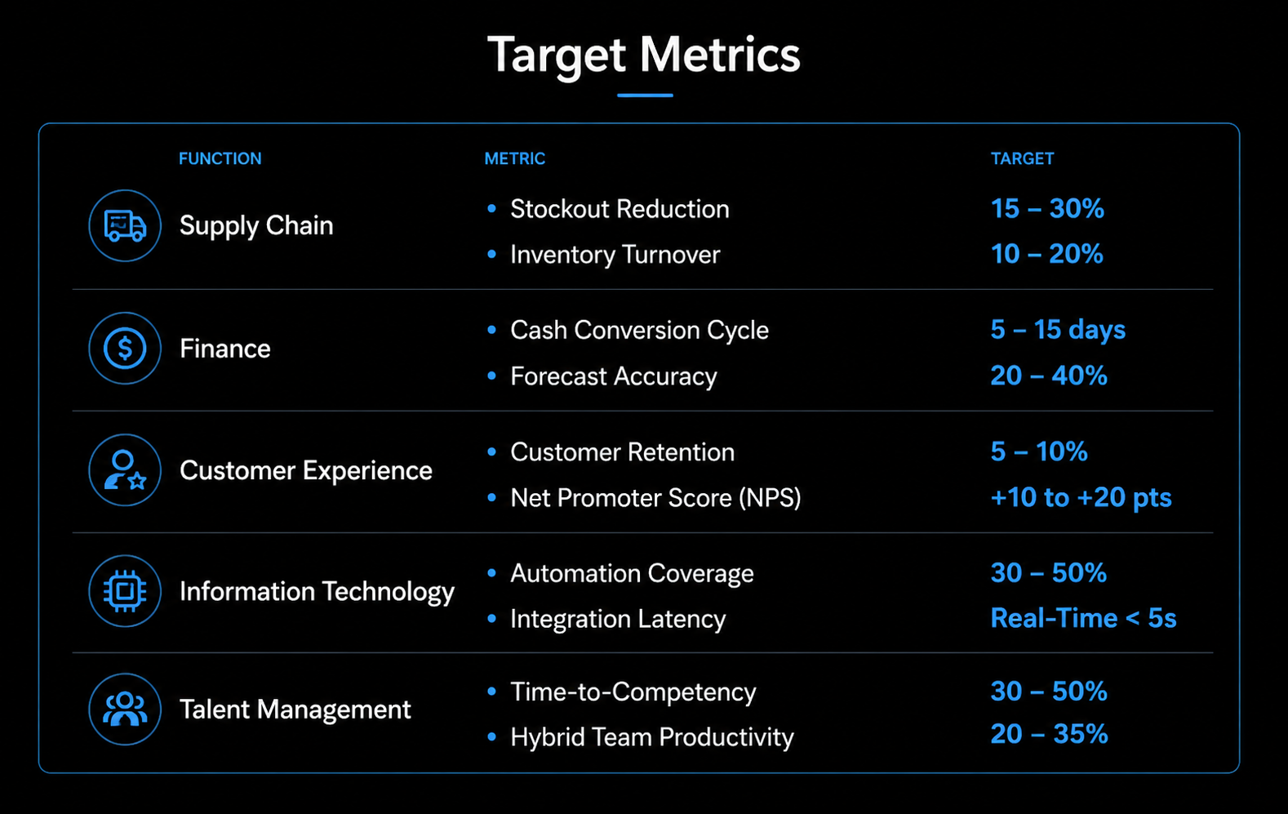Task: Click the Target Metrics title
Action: (644, 56)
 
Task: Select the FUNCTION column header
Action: (220, 158)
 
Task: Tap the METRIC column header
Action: (514, 158)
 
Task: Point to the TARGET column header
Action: (1022, 158)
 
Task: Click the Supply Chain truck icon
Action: (125, 226)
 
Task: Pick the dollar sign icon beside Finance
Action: (125, 349)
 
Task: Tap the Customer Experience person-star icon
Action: (125, 470)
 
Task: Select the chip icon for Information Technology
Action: (125, 591)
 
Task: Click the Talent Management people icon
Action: (125, 709)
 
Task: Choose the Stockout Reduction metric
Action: (620, 209)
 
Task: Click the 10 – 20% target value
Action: (1046, 254)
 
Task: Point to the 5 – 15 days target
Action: (1058, 330)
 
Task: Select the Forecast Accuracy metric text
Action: (613, 376)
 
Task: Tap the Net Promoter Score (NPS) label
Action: (655, 498)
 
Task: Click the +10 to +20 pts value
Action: (1081, 497)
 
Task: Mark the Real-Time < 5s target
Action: (1083, 618)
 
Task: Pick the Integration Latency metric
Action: (618, 619)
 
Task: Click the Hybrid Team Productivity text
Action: (651, 737)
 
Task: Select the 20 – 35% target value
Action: (1049, 734)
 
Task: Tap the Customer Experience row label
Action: (305, 470)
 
